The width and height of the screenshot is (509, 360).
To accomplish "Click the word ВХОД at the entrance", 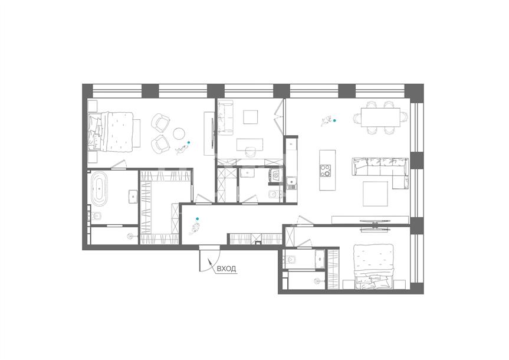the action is (x=226, y=269).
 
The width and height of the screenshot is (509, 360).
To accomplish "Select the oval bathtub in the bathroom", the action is (x=99, y=189).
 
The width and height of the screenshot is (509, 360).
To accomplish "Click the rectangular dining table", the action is (x=380, y=117).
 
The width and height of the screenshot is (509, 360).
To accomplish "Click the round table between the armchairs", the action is (x=179, y=133).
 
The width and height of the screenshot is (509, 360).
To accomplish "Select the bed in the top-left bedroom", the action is (x=111, y=131).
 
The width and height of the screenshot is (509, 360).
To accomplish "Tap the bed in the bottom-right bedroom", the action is (x=373, y=266).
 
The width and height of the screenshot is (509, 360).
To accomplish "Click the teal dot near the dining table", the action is (x=334, y=120).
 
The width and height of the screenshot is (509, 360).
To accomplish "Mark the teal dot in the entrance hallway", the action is (x=197, y=219).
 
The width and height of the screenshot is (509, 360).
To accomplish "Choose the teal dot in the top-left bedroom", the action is (x=189, y=142).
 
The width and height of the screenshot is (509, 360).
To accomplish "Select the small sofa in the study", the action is (x=226, y=117).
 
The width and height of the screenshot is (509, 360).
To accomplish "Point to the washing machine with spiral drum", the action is (x=277, y=176).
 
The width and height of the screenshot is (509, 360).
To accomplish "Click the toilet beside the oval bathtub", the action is (x=96, y=216).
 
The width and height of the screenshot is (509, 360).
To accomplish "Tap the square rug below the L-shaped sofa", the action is (x=375, y=194).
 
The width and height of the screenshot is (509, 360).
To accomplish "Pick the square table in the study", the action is (x=251, y=117).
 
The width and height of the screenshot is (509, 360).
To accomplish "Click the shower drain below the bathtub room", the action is (x=130, y=236).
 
